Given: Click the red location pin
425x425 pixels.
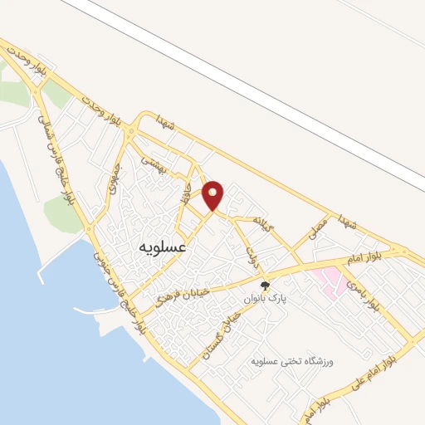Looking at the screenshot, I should coord(214,194).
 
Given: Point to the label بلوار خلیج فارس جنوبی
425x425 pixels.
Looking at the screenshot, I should coord(121,286).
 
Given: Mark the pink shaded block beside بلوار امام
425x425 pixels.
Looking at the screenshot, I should coord(333,281).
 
